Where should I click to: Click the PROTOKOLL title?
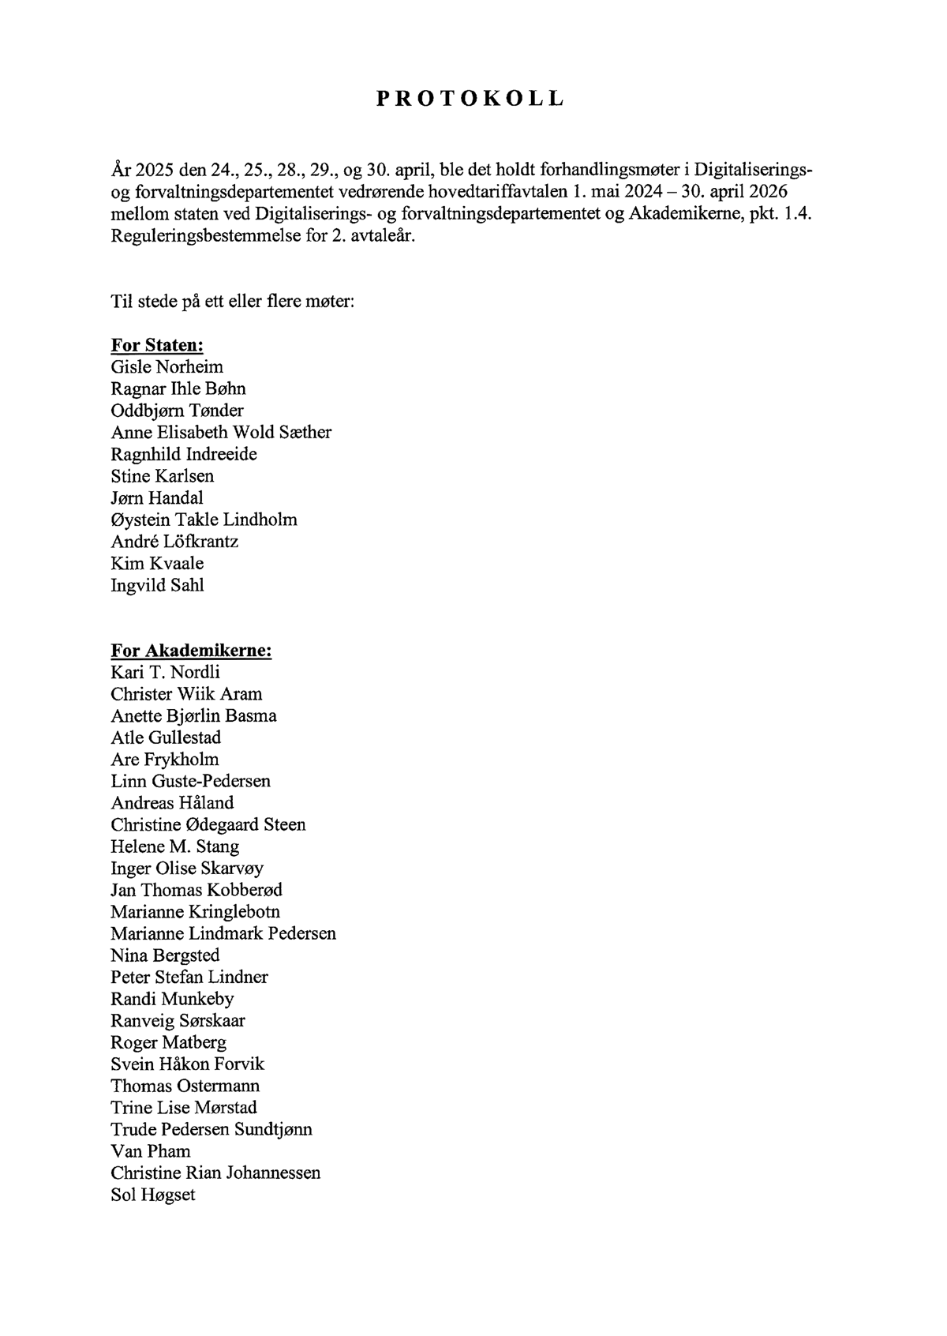coord(470,99)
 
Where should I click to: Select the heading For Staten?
coord(157,345)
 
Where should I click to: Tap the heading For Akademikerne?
coord(191,651)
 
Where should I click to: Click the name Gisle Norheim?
coord(167,367)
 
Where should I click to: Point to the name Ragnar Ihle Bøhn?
coord(178,388)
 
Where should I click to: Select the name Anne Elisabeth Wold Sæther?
coord(221,432)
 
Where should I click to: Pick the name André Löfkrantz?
coord(174,542)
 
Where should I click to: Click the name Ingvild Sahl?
coord(157,585)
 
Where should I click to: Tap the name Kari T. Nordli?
coord(166,673)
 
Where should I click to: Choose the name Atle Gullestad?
coord(166,737)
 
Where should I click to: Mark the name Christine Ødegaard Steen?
coord(208,824)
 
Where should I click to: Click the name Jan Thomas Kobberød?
coord(197,890)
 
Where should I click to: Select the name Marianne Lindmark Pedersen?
coord(223,933)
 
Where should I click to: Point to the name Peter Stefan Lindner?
coord(189,977)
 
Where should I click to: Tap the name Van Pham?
coord(151,1151)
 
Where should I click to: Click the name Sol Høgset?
coord(153,1195)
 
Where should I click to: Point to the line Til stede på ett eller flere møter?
coord(233,302)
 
